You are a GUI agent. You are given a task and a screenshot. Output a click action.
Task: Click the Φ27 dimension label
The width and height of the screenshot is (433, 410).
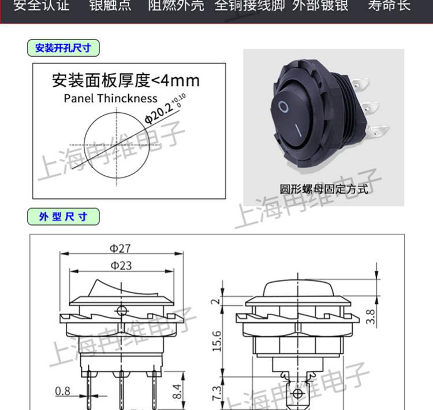pos(121,249)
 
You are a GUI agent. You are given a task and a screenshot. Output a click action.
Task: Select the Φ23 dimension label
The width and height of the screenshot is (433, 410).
pos(121,265)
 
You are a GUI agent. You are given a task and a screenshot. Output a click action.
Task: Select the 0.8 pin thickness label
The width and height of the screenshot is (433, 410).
pos(62,391)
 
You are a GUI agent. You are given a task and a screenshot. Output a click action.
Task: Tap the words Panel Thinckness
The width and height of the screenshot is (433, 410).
pos(110,98)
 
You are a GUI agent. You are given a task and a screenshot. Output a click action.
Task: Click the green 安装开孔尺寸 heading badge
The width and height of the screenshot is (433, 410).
pos(63,48)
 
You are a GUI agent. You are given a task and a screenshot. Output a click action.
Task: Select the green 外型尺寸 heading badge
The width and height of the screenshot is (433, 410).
pos(63,217)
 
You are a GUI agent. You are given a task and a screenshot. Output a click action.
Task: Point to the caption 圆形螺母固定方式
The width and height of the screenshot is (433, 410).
pos(323,189)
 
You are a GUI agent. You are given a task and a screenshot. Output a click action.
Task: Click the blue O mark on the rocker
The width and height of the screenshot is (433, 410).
pos(283,106)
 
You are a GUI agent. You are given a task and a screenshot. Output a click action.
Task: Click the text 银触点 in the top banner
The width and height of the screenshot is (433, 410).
pos(110,6)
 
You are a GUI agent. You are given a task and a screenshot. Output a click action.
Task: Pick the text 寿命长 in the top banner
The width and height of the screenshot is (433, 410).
pos(389,6)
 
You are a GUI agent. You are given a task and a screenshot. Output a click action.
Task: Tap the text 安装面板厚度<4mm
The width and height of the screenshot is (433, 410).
pos(125,79)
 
